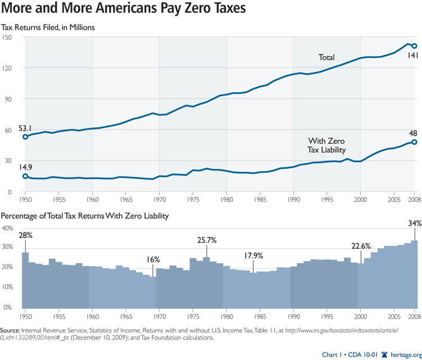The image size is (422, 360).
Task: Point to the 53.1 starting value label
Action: click(25, 128)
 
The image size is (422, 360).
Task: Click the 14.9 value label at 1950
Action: click(25, 167)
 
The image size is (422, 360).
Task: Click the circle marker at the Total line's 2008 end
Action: click(415, 46)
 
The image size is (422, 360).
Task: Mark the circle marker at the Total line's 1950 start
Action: click(25, 137)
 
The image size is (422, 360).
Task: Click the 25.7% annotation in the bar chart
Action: click(206, 240)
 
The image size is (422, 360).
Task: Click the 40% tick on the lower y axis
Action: click(8, 228)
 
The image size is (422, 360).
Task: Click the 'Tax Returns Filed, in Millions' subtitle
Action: click(48, 26)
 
